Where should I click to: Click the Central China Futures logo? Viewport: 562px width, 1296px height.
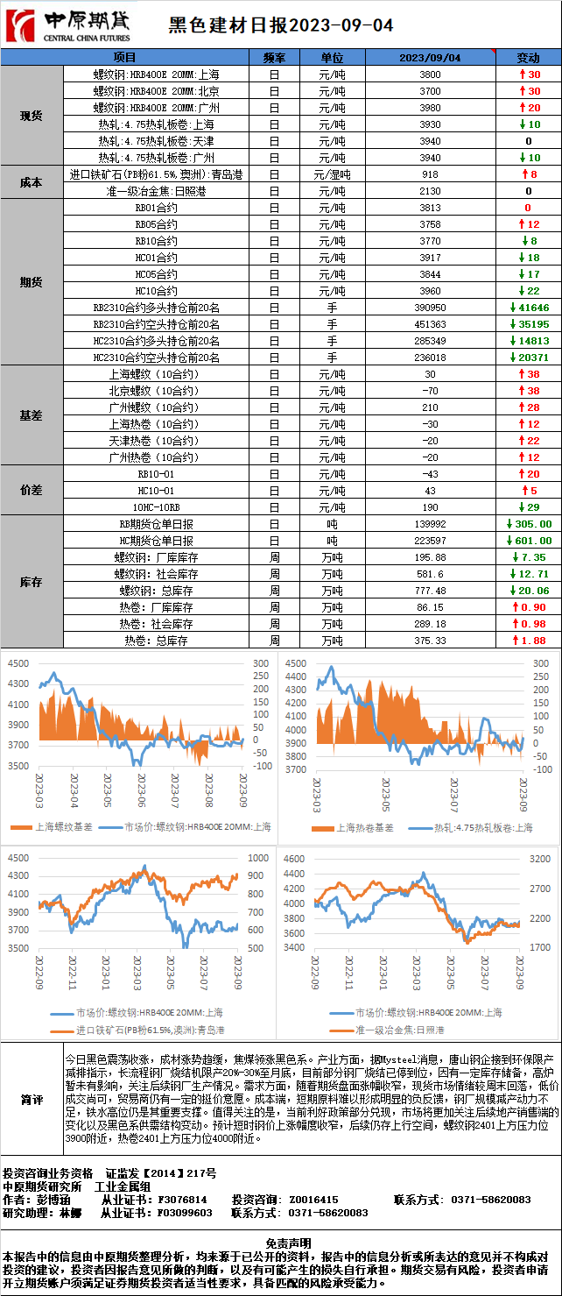(68, 26)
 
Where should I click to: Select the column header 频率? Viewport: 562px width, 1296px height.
(274, 57)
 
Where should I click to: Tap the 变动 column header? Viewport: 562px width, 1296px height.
(528, 57)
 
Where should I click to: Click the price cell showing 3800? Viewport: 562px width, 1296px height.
(430, 74)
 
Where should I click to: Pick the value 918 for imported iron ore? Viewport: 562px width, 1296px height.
(430, 174)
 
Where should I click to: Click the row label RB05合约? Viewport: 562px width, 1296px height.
(156, 224)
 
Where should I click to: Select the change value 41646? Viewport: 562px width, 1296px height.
(529, 308)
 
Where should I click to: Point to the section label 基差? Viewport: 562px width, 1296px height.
(32, 415)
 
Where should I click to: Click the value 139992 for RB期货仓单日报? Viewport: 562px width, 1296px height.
(430, 524)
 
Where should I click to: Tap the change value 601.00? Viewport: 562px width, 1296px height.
(529, 541)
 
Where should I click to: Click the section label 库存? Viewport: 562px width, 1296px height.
(32, 582)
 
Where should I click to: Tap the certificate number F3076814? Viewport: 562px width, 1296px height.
(182, 1199)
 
